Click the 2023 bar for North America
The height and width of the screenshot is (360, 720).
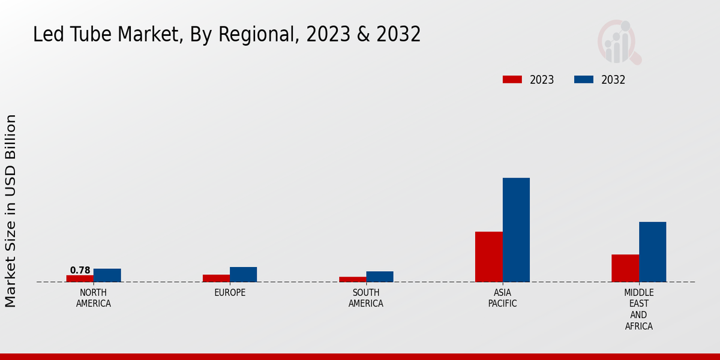pos(80,278)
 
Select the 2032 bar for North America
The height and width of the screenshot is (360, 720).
pos(107,275)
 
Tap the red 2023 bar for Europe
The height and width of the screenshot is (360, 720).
pos(216,278)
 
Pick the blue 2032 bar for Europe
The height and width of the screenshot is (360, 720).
pos(243,274)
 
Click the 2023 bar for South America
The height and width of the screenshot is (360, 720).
pos(352,279)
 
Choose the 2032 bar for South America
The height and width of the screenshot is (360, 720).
pos(380,277)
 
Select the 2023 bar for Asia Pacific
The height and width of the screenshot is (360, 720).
pos(488,257)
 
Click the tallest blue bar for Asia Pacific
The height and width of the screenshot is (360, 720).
pos(516,230)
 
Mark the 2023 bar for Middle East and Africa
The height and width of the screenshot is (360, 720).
pos(625,268)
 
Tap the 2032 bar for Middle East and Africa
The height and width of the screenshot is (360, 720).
pos(652,252)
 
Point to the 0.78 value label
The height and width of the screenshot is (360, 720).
pos(80,271)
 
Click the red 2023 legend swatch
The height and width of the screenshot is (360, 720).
pos(512,80)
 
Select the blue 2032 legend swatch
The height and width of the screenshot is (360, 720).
pos(584,80)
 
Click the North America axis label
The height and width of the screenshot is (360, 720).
pos(93,298)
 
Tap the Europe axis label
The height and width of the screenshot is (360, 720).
pos(230,293)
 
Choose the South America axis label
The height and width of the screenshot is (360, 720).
pos(366,298)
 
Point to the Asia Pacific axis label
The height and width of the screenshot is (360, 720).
pos(502,298)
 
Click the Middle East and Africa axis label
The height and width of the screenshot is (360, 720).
pos(638,310)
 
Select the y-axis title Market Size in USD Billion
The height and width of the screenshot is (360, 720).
pos(11,211)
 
